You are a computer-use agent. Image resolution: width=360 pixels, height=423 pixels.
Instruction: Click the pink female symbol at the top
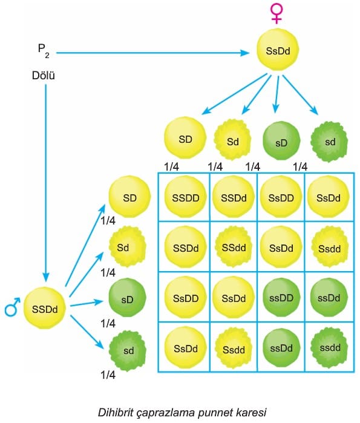pyautogui.click(x=277, y=14)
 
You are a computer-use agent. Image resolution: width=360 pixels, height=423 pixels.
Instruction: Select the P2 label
pyautogui.click(x=44, y=51)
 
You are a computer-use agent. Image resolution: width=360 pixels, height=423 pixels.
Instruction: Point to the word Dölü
pyautogui.click(x=44, y=76)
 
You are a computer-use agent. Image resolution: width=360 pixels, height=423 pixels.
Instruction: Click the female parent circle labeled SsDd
pyautogui.click(x=278, y=50)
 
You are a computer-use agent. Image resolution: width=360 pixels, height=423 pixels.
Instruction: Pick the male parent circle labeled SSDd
pyautogui.click(x=45, y=309)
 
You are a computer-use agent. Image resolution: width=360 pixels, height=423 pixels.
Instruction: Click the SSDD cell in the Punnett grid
pyautogui.click(x=186, y=197)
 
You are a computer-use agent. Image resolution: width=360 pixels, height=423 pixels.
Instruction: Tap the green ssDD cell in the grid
pyautogui.click(x=281, y=298)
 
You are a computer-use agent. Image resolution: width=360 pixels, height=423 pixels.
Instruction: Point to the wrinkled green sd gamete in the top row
pyautogui.click(x=329, y=142)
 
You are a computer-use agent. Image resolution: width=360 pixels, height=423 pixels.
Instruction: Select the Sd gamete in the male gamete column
pyautogui.click(x=127, y=247)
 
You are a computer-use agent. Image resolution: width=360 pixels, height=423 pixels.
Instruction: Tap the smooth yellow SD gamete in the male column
pyautogui.click(x=129, y=197)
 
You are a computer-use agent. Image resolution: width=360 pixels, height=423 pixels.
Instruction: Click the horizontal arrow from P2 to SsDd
pyautogui.click(x=152, y=53)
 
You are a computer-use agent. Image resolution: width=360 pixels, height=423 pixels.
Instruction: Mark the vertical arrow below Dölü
pyautogui.click(x=45, y=183)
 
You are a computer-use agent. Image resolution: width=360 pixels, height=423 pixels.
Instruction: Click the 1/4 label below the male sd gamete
pyautogui.click(x=108, y=375)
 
